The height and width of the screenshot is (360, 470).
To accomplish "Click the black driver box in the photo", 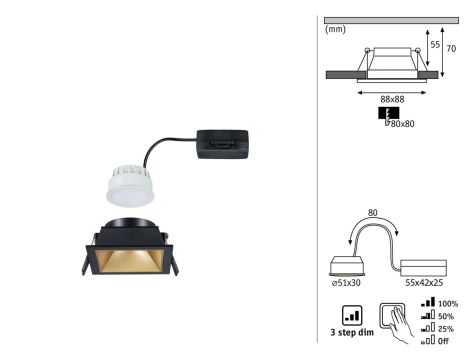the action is pos(222,144).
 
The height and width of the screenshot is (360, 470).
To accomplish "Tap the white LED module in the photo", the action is pos(131,186).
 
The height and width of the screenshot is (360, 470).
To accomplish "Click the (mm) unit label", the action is pos(335,29).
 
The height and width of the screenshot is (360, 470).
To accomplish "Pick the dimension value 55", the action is pos(435,44).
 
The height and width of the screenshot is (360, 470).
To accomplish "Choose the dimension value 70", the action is pos(451,49).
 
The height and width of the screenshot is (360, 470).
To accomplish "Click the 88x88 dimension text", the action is pos(392,99).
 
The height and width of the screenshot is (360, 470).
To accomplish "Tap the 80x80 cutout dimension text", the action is pos(402,124).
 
